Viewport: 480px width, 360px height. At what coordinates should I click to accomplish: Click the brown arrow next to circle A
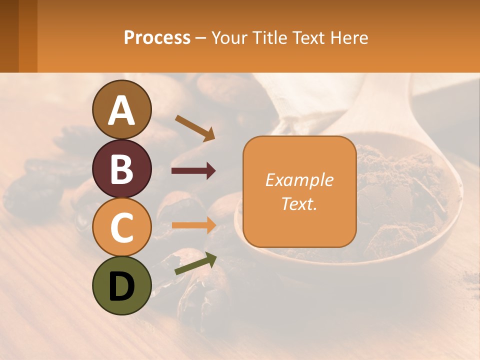195,127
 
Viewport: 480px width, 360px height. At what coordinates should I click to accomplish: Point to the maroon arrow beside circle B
193,171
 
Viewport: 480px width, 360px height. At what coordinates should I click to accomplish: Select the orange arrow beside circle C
193,225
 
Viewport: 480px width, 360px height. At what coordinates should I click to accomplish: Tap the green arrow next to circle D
195,264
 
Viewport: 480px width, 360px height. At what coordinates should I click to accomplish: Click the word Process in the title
157,37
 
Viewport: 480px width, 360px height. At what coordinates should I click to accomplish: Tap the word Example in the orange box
299,180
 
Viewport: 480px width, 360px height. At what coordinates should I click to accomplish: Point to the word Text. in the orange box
299,203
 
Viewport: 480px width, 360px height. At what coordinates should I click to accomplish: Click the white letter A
122,110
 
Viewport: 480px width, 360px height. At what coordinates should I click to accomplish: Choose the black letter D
122,286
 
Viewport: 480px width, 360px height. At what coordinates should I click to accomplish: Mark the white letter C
122,227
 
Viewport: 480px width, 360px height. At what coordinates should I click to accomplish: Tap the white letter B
122,169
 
